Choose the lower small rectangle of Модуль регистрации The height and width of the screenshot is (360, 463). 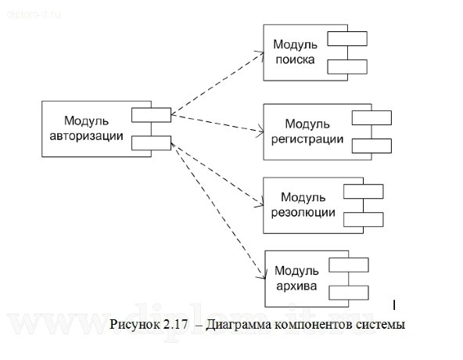tap(372, 146)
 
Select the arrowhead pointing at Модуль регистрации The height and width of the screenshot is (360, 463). tap(260, 131)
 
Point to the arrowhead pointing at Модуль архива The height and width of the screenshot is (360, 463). tap(260, 276)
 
